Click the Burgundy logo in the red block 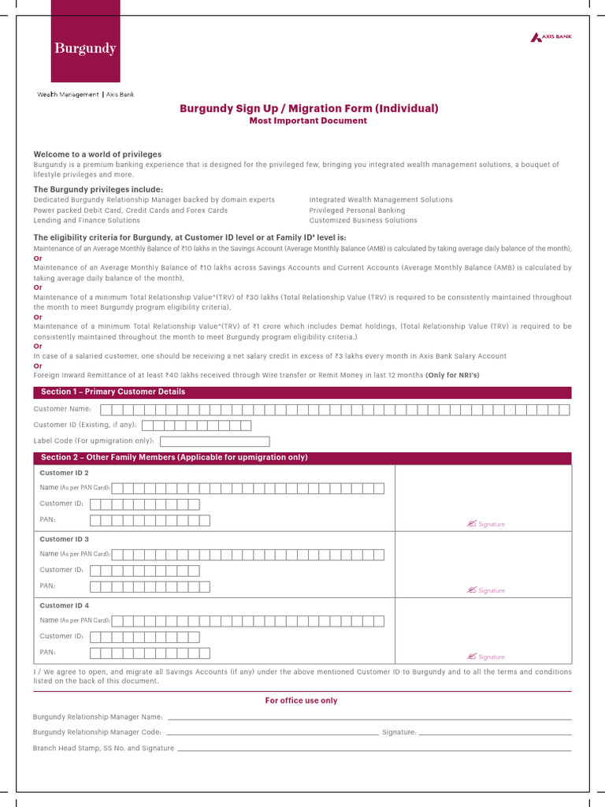85,49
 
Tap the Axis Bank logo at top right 551,37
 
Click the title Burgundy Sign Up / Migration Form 309,109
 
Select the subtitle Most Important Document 308,121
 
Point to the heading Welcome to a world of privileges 97,154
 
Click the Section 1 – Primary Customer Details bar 302,392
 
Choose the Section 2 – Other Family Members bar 302,458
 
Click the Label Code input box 214,441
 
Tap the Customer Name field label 63,409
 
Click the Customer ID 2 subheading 65,473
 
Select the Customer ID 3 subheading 65,539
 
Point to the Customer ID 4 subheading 65,605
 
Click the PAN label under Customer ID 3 47,586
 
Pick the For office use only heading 302,701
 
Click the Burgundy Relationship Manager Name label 98,717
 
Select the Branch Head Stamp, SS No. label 103,748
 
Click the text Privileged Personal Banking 357,210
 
